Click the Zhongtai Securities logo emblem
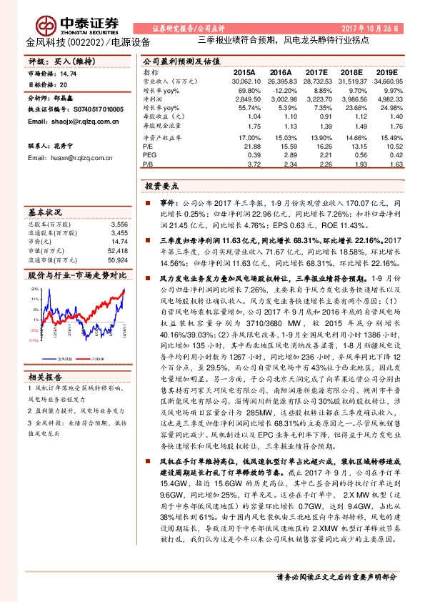click(x=49, y=24)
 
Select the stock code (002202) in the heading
click(x=88, y=42)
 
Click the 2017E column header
click(x=316, y=73)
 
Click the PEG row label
click(x=149, y=154)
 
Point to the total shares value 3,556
click(x=119, y=224)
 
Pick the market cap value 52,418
click(x=117, y=250)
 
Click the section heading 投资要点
click(x=160, y=185)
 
